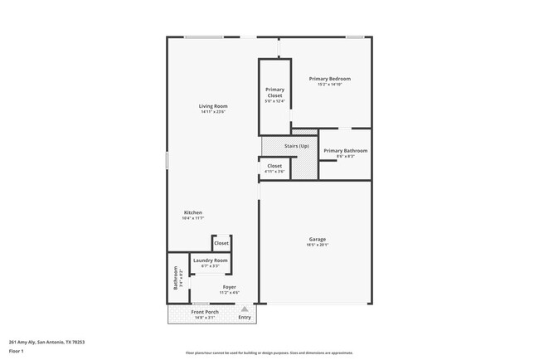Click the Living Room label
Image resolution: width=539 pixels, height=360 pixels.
point(213,106)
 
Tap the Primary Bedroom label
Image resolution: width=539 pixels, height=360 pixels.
point(329,79)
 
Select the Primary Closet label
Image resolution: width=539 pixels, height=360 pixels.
point(274,92)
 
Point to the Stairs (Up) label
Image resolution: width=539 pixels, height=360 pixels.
point(296,146)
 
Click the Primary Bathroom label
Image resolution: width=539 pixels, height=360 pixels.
point(345,151)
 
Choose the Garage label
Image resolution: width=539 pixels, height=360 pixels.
point(318,239)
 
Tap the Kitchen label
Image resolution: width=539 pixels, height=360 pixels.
point(193,212)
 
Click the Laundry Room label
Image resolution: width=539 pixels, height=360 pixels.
point(210,260)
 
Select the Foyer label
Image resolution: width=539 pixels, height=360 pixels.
point(229,287)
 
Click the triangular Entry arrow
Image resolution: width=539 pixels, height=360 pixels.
point(244,309)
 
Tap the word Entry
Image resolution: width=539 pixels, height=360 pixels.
point(244,317)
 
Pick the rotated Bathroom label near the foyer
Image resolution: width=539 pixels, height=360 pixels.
point(176,277)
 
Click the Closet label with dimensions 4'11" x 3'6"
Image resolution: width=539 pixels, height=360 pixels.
point(274,166)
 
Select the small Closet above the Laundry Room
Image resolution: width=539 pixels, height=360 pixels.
point(221,243)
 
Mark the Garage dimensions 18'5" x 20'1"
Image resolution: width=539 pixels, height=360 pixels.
point(318,245)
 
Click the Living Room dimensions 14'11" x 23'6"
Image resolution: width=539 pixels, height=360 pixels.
point(213,112)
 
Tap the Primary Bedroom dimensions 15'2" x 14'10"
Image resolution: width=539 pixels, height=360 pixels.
point(329,85)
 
